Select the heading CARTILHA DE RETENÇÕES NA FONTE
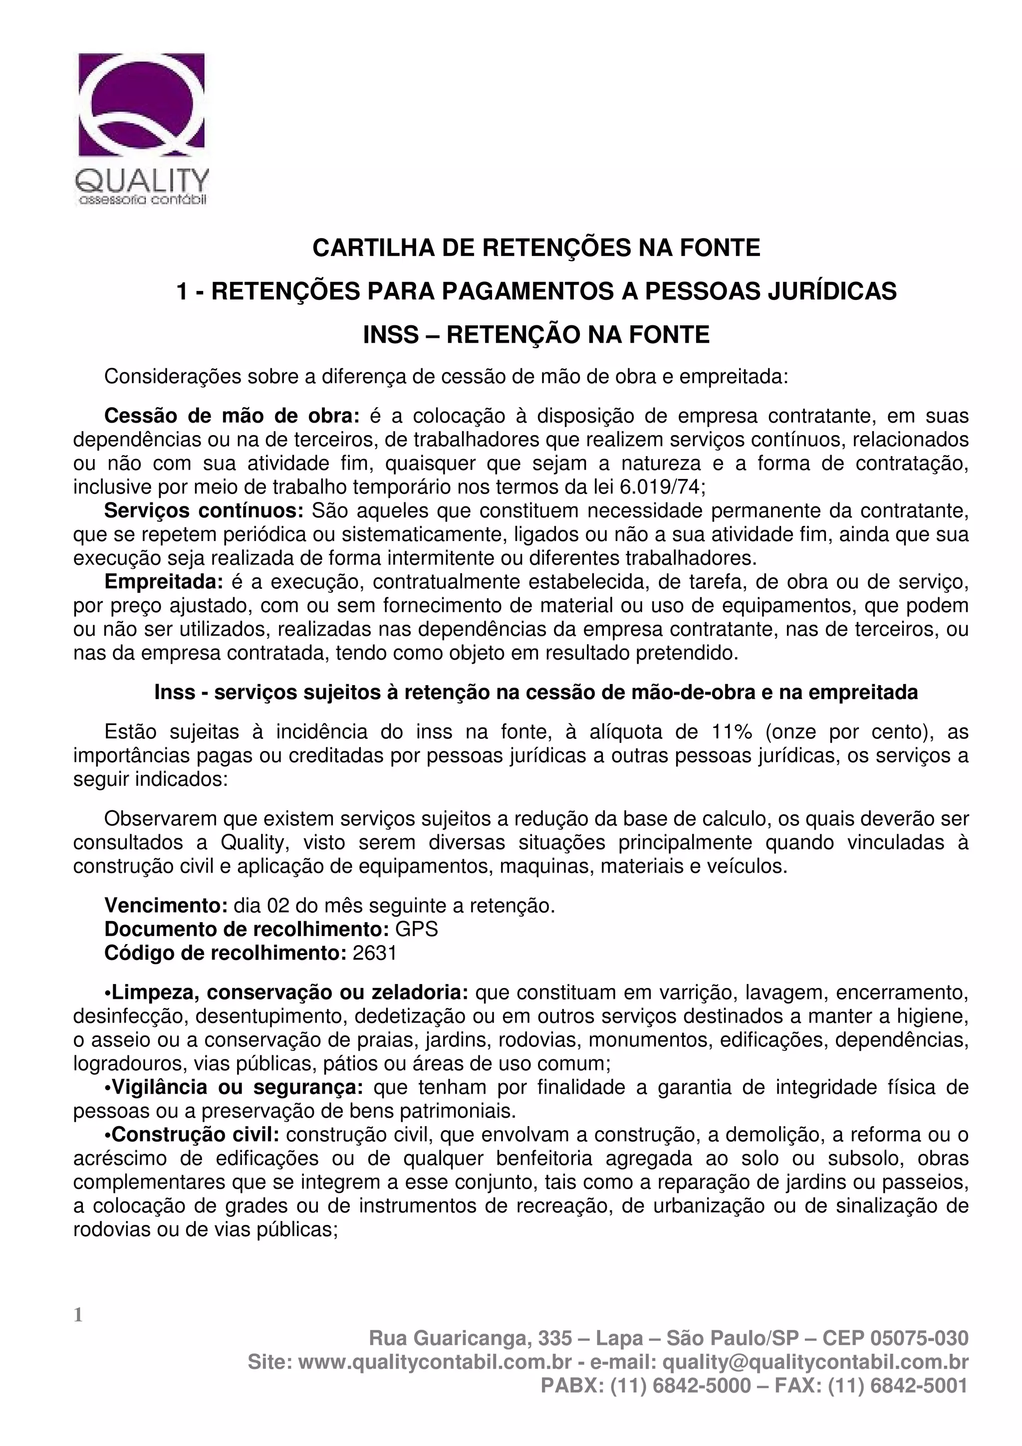[536, 247]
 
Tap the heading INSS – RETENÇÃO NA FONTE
[536, 334]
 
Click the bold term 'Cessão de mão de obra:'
[232, 416]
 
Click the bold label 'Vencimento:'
[166, 906]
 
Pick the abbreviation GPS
[416, 930]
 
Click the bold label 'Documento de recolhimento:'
[247, 930]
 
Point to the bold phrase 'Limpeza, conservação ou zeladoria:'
[286, 992]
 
